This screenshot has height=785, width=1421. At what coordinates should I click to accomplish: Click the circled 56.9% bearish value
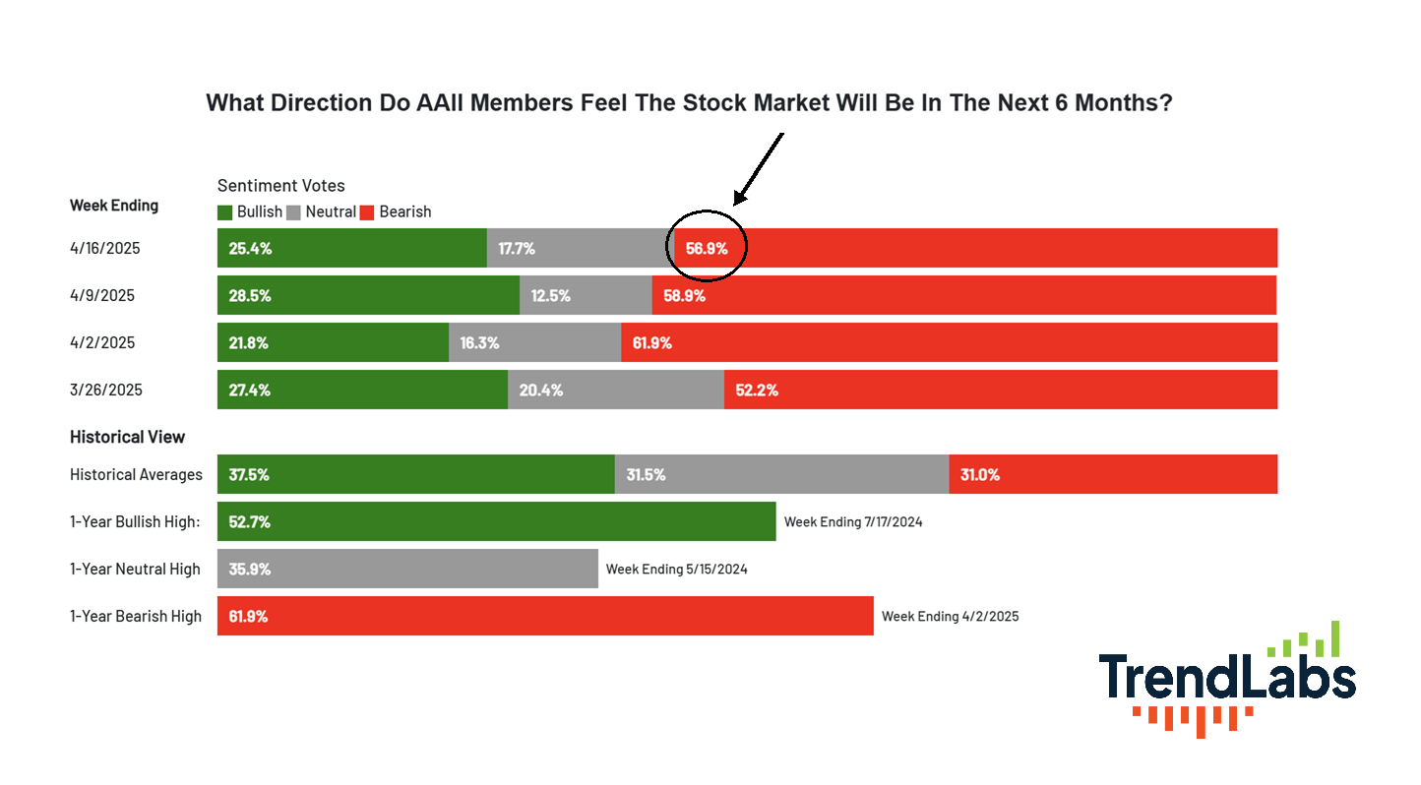pos(707,249)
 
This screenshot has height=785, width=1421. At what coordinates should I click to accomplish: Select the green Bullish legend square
pos(224,212)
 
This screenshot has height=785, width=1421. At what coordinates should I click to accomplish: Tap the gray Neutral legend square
pos(293,212)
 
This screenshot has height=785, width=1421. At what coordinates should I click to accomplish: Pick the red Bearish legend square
pos(367,212)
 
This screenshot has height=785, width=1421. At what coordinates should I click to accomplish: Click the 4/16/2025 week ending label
pos(104,248)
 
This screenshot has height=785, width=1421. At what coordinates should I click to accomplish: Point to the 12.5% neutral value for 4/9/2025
pos(551,295)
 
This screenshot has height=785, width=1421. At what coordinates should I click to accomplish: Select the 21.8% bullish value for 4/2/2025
pos(249,343)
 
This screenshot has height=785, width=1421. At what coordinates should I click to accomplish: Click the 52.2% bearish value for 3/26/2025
pos(757,390)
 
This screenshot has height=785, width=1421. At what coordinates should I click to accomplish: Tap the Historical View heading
pos(127,437)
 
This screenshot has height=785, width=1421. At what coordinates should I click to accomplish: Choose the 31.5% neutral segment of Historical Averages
pos(781,474)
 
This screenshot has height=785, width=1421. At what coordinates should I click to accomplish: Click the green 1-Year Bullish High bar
pos(496,521)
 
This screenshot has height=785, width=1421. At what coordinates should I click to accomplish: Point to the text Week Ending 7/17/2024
pos(853,521)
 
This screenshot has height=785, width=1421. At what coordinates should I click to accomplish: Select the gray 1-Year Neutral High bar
pos(407,569)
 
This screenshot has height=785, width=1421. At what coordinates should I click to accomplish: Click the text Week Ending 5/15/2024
pos(676,570)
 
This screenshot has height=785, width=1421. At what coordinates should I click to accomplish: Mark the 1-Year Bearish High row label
pos(135,617)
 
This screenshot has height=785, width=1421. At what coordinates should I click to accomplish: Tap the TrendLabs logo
pos(1227,679)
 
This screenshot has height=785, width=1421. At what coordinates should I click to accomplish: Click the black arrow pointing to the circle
pos(759,169)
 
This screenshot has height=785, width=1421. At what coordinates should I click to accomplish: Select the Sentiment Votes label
pos(281,186)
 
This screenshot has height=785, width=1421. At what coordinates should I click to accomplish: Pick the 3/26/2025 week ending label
pos(106,390)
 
